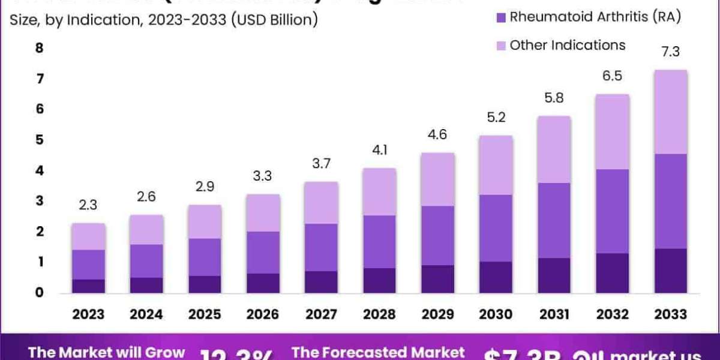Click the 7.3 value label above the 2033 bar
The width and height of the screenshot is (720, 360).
coord(670,52)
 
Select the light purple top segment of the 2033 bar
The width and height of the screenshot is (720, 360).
coord(670,112)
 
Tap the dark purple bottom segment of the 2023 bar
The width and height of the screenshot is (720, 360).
coord(89,286)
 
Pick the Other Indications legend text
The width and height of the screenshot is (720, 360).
coord(567,45)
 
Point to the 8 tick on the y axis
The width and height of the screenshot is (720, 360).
coord(40,48)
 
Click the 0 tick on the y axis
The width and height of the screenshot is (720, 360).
coord(40,293)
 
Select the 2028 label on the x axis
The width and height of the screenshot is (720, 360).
coord(379,314)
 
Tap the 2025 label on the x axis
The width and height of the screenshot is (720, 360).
coord(205,314)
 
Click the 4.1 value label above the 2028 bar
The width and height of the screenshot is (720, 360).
coord(379,149)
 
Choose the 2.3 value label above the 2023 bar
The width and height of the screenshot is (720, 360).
coord(89,205)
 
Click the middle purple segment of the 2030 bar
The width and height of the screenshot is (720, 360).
coord(496,228)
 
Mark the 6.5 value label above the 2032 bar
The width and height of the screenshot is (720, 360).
coord(612,76)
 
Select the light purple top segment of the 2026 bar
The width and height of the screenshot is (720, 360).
coord(263,212)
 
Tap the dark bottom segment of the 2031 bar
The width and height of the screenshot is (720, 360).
coord(554,275)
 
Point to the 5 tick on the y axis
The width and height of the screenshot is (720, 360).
coord(40,140)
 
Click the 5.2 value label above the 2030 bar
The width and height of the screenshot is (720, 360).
coord(496,118)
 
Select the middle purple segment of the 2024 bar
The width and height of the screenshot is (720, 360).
coord(147,260)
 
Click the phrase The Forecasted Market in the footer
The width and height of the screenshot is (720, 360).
coord(378,352)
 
